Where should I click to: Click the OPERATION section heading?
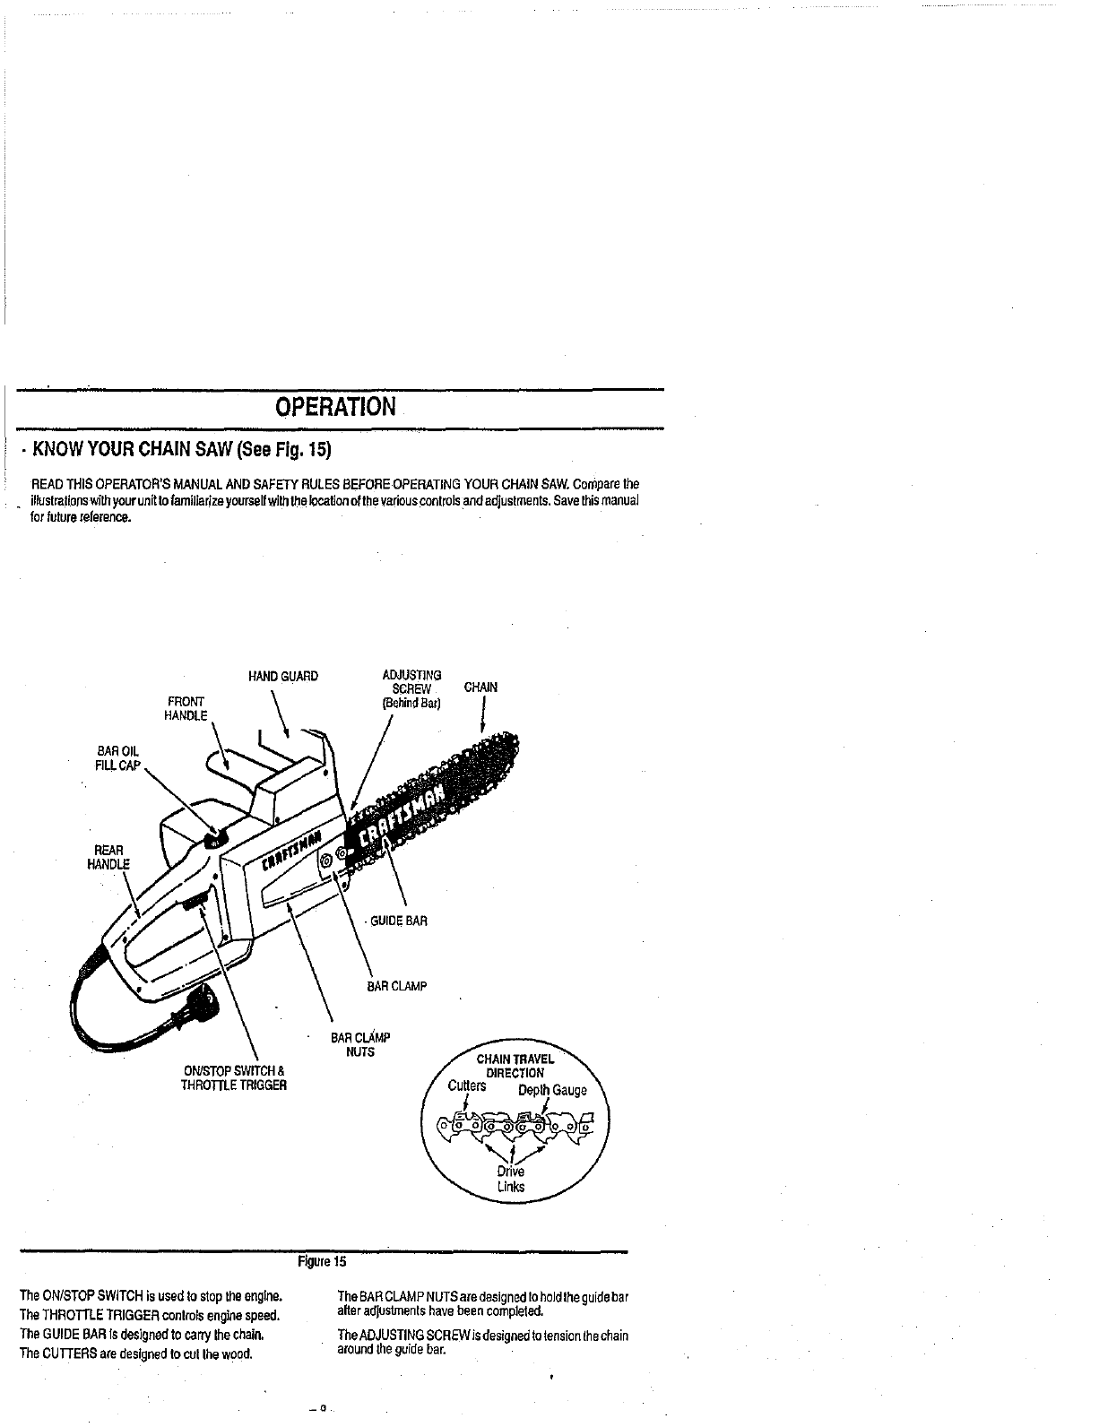click(x=334, y=407)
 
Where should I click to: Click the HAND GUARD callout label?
click(x=282, y=676)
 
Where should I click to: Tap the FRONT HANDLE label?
click(x=186, y=708)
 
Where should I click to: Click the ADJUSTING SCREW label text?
click(x=411, y=688)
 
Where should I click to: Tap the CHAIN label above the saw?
click(x=480, y=688)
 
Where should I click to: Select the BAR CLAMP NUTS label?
click(x=360, y=1044)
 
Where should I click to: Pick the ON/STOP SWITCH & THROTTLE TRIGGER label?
click(x=235, y=1077)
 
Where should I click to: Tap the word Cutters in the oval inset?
click(x=467, y=1086)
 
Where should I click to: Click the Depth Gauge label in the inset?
click(x=552, y=1090)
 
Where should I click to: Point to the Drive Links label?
click(x=511, y=1180)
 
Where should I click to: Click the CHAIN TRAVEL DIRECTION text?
click(x=515, y=1066)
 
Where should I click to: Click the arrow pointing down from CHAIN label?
click(x=483, y=716)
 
